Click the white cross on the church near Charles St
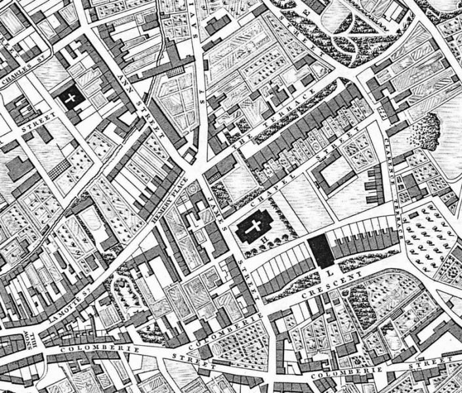pos(71,97)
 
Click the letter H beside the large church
pos(245,247)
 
